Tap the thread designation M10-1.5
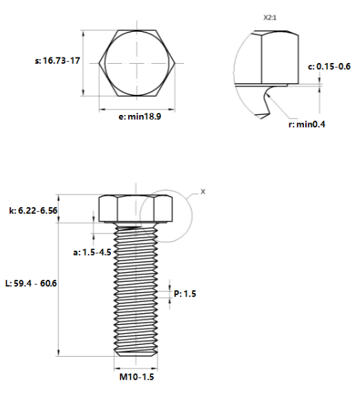(x=136, y=378)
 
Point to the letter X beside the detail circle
(x=202, y=190)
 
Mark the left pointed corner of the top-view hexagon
(x=101, y=63)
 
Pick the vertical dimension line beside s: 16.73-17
(x=83, y=63)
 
